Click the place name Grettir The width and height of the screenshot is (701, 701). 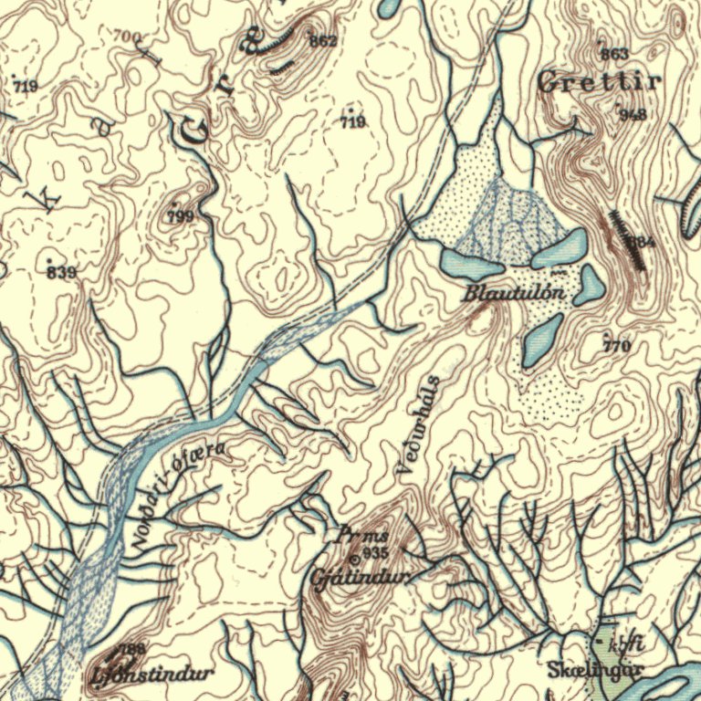[x=601, y=83]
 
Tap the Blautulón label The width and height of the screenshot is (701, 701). [x=516, y=294]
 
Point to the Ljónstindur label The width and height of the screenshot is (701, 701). [x=153, y=675]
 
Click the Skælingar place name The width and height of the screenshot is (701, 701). [x=596, y=670]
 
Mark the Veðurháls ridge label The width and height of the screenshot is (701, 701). [x=419, y=424]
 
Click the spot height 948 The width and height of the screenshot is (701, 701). [x=633, y=114]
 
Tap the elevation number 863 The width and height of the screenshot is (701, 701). [x=614, y=55]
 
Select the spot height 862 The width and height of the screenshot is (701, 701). [x=323, y=41]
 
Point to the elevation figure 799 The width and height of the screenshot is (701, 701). [x=182, y=216]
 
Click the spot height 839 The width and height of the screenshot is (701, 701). [x=61, y=273]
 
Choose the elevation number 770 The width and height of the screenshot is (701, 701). [x=617, y=346]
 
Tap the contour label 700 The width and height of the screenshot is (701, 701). [x=128, y=37]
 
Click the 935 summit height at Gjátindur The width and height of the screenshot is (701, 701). [x=375, y=554]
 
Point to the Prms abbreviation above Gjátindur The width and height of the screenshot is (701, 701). [x=364, y=535]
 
